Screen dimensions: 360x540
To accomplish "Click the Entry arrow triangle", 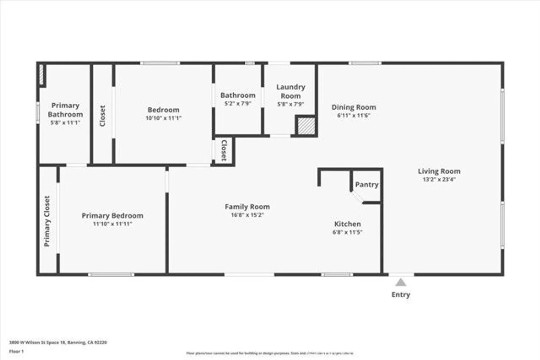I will click(x=401, y=283).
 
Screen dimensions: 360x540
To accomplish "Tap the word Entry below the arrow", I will click(x=401, y=294).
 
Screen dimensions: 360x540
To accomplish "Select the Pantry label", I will click(x=366, y=185).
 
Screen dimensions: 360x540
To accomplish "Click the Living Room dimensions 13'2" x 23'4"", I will click(x=439, y=179).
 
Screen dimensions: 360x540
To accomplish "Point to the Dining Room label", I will click(x=354, y=107).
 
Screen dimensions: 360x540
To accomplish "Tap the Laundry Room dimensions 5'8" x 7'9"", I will click(x=291, y=104).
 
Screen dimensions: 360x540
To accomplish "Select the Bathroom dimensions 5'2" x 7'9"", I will click(x=238, y=103).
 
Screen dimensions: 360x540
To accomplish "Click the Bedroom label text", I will click(x=163, y=110).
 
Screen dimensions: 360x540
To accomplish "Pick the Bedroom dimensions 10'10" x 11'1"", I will click(x=163, y=118).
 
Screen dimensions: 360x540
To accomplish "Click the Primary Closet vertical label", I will click(x=47, y=221).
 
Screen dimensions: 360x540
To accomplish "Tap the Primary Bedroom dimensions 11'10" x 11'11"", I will click(x=112, y=224).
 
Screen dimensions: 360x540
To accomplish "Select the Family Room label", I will click(x=247, y=207).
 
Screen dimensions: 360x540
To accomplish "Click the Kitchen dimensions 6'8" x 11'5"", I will click(x=347, y=232).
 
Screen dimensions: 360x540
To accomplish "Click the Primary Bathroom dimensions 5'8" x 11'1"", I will click(x=65, y=123).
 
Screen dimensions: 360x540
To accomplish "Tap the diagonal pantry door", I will click(x=357, y=196).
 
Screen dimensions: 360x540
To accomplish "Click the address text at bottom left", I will click(x=58, y=342).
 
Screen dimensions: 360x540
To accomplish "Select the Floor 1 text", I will click(x=16, y=351).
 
